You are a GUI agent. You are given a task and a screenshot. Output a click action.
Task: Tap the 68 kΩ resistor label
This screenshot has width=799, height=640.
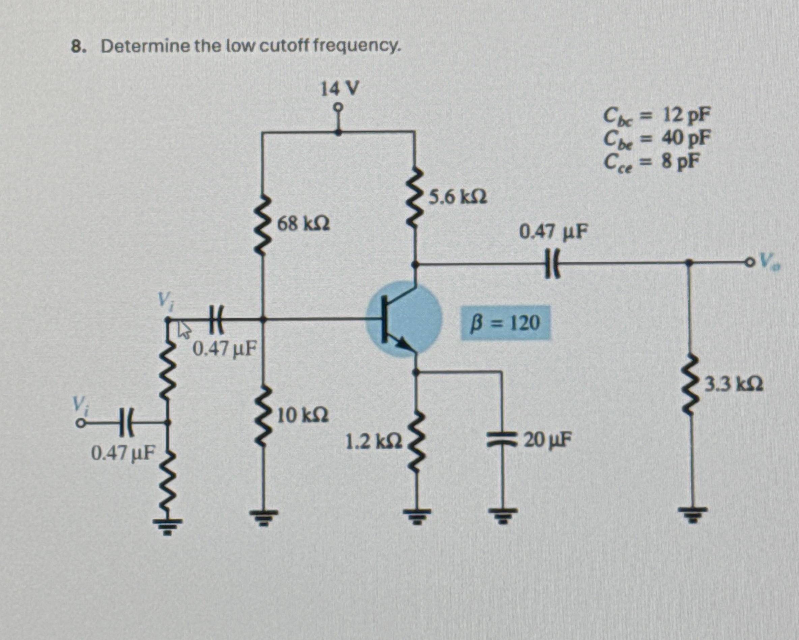click(x=303, y=224)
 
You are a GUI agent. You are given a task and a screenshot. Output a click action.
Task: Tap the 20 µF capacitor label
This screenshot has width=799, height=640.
click(x=548, y=440)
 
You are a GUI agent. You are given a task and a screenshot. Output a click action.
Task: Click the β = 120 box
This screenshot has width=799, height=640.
click(x=506, y=323)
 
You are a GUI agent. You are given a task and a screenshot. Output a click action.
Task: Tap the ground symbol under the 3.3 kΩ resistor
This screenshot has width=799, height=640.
click(x=689, y=514)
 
